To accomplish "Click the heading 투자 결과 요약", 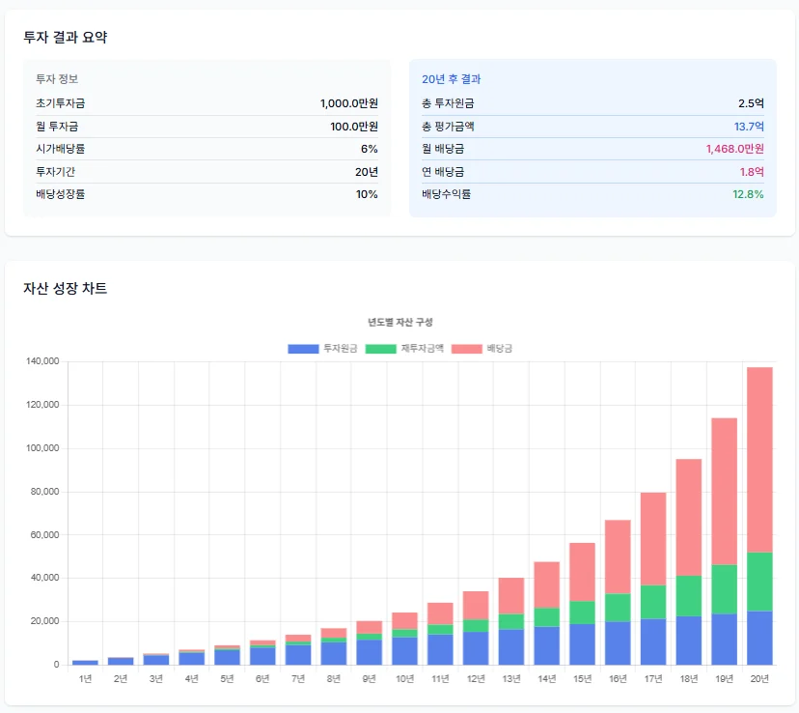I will point(66,38).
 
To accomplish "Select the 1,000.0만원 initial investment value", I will point(348,103).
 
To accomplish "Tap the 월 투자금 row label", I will point(57,127).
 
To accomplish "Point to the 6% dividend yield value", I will point(370,149).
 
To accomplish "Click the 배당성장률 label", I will point(61,194).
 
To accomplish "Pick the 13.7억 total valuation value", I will point(749,127).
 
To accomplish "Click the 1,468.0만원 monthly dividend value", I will point(734,149).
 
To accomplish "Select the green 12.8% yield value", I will point(748,194).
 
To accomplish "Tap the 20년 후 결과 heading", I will point(451,79).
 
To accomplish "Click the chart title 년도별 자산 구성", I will point(399,322).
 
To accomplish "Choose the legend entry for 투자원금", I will point(322,348).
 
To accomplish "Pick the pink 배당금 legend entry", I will point(482,348).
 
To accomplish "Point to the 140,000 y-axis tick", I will point(43,361).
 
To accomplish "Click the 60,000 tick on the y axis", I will point(46,535).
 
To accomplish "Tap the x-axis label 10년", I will point(404,679).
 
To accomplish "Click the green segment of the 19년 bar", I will point(724,589).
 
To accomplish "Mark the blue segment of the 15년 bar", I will point(582,643).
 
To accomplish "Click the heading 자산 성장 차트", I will point(65,288).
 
